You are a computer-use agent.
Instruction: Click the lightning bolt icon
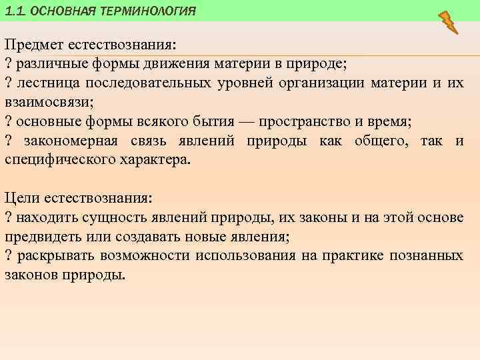(449, 22)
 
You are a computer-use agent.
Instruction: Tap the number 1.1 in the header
(15, 11)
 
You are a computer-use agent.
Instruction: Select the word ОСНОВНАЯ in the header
(63, 11)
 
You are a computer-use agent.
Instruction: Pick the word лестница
(45, 83)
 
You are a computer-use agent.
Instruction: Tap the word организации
(331, 83)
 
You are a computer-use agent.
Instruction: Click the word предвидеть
(42, 236)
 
